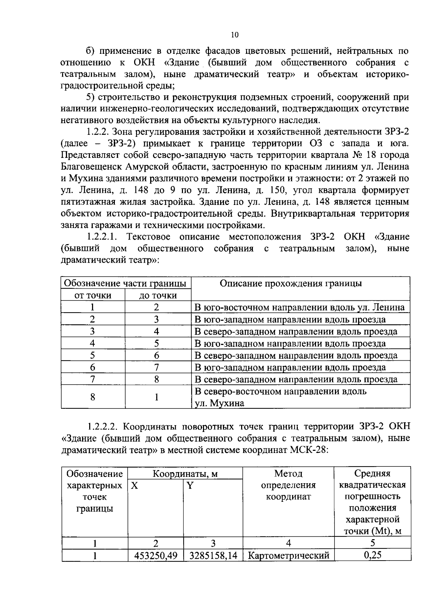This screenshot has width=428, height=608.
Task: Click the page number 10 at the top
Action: [235, 35]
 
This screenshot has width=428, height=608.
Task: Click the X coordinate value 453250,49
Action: [156, 556]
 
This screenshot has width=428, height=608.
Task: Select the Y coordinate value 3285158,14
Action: [213, 556]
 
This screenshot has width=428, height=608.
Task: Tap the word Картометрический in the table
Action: [288, 556]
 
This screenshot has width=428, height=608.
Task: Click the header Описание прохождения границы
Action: [291, 283]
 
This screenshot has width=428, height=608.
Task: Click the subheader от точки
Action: [92, 295]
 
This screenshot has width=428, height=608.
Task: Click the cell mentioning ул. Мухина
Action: [219, 403]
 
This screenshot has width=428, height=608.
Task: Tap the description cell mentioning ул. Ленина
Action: [300, 307]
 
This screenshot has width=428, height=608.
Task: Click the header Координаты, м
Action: [185, 474]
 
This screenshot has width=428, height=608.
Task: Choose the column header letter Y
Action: [190, 485]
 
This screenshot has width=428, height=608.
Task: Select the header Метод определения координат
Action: [288, 485]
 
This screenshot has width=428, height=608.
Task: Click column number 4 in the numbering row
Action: [288, 543]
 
